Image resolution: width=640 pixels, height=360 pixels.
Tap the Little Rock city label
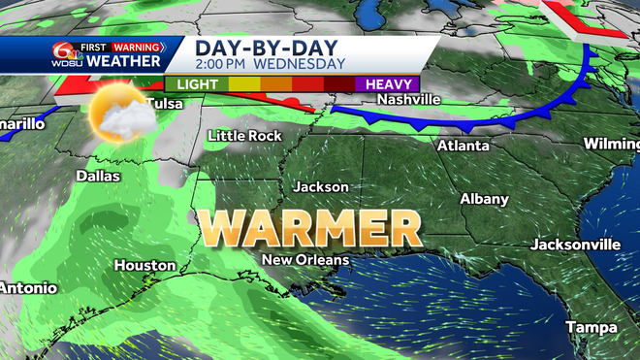tap(244, 136)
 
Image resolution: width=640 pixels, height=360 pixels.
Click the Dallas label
tap(98, 177)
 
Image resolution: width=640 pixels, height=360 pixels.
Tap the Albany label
tap(484, 199)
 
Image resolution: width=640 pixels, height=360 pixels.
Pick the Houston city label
tap(144, 265)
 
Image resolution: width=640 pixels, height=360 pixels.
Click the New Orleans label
tap(305, 260)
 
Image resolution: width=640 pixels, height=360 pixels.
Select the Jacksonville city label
tap(576, 243)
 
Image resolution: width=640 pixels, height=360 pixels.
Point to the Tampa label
tap(592, 326)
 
